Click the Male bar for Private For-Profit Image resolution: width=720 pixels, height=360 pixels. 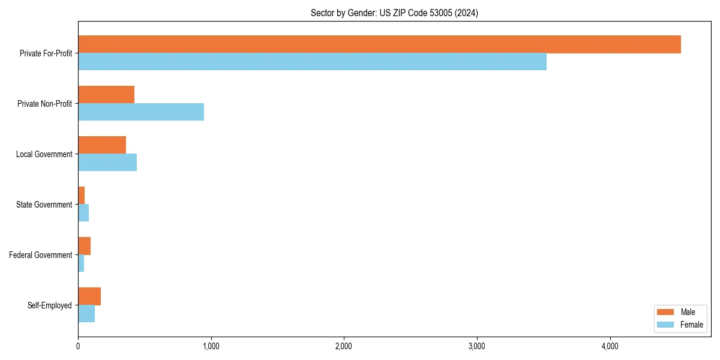click(379, 44)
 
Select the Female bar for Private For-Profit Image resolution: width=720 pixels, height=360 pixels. click(312, 62)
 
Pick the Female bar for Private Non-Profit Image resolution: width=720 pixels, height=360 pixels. click(141, 112)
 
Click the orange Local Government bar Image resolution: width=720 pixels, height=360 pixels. click(102, 145)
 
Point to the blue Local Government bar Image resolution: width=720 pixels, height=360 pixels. click(107, 163)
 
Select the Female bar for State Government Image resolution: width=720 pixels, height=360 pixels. click(83, 213)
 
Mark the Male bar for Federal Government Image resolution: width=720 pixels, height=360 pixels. click(84, 246)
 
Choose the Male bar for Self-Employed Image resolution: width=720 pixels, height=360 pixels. click(89, 296)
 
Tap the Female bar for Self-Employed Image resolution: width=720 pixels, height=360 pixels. click(86, 314)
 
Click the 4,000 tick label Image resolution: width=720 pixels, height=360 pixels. click(610, 346)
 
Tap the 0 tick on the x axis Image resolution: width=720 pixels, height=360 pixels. click(78, 346)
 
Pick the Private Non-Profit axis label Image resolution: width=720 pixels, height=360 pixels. click(44, 104)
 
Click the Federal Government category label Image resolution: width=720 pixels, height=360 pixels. click(41, 255)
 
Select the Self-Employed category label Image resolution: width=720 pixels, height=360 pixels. click(50, 305)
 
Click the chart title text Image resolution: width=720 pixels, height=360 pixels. click(394, 13)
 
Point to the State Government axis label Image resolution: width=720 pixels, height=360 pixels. click(44, 205)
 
